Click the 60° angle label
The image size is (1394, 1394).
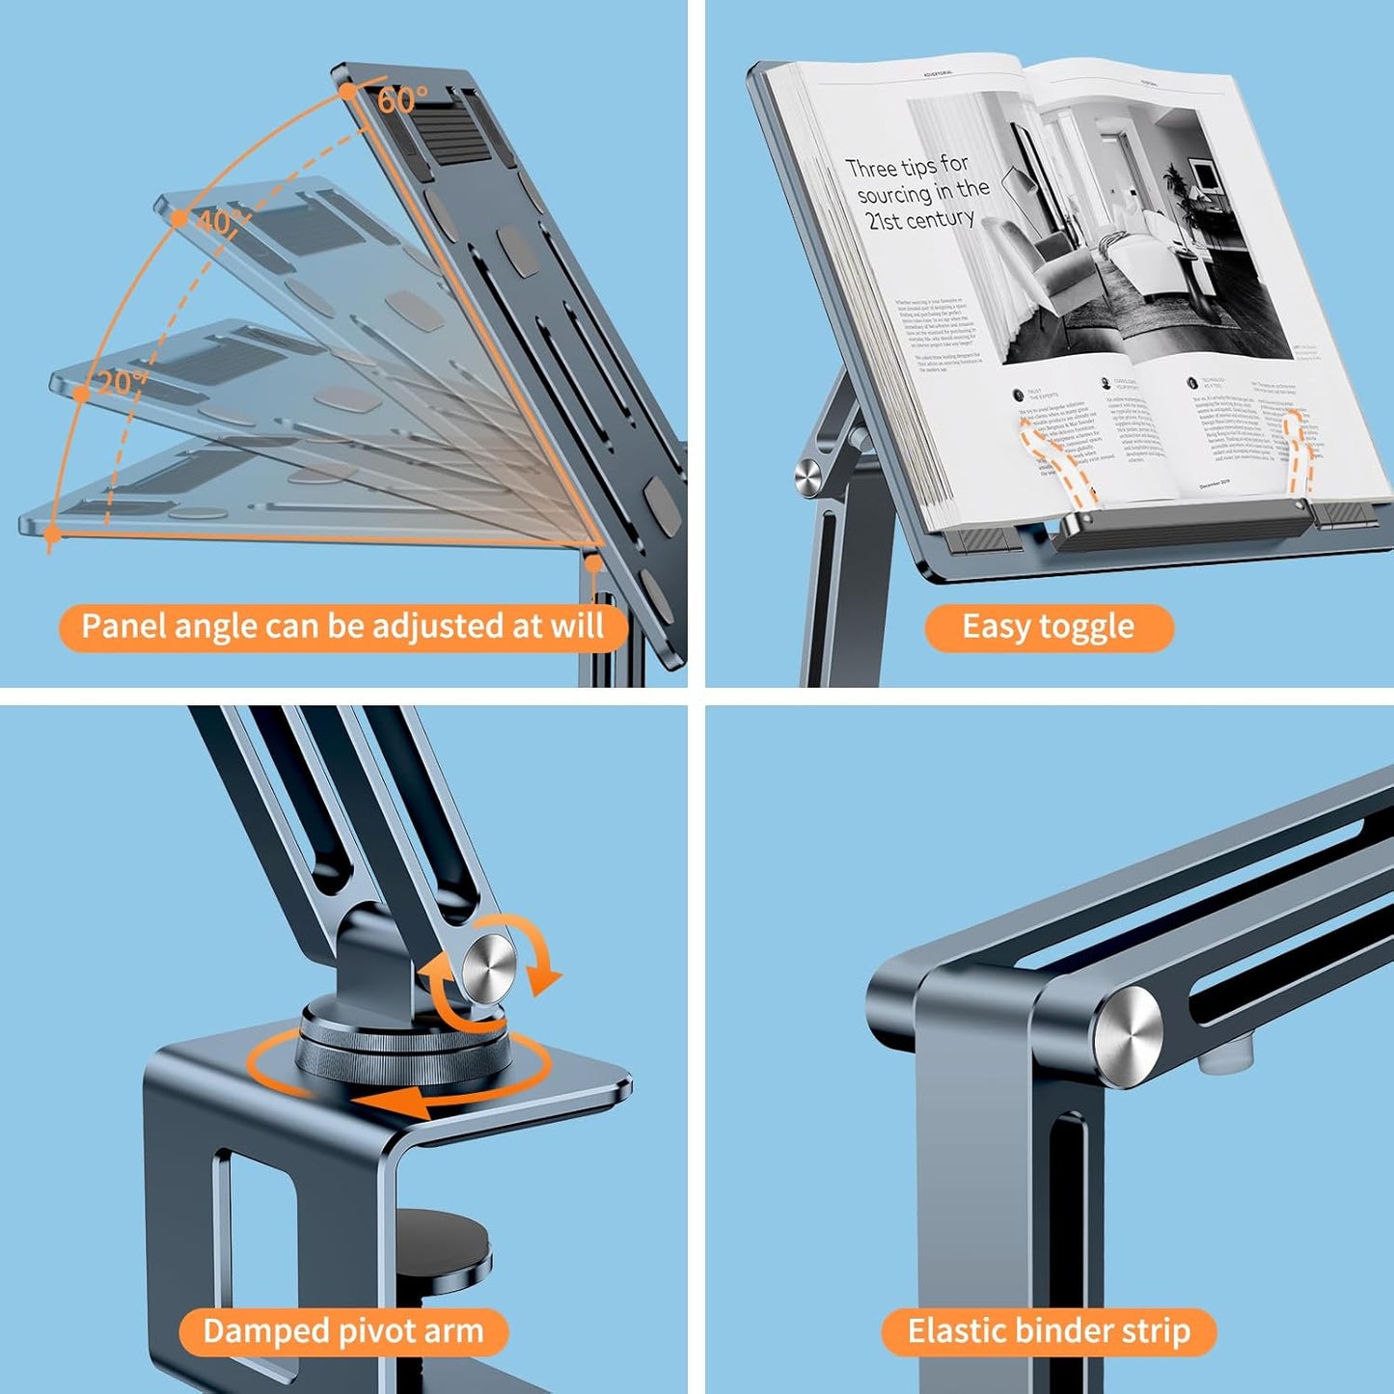coord(402,100)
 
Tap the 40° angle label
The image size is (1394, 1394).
coord(220,223)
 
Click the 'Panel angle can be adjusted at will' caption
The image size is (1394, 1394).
coord(342,627)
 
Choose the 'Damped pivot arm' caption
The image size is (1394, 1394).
coord(342,1332)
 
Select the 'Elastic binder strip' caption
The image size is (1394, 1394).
coord(1049,1332)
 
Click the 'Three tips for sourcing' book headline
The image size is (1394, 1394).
coord(916,193)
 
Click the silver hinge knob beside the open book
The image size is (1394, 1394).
coord(807,475)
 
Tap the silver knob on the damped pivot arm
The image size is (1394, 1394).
coord(489,967)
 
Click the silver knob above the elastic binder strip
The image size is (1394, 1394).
coord(1129,1038)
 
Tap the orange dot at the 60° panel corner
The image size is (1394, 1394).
coord(348,92)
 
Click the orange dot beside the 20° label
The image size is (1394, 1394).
coord(82,393)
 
